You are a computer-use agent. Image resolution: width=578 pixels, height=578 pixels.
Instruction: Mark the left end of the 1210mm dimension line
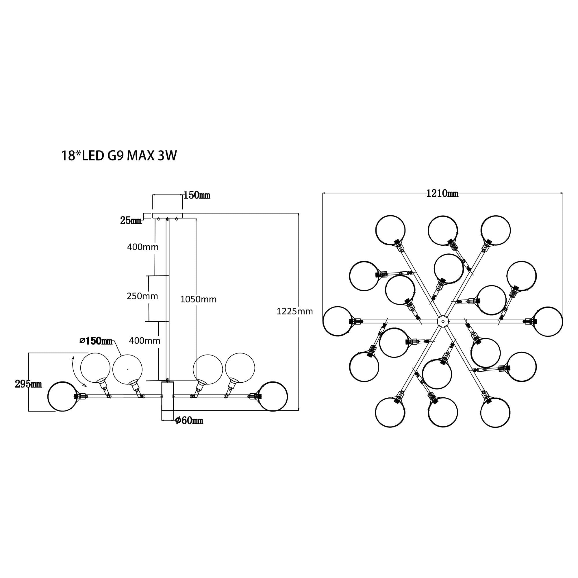(323, 193)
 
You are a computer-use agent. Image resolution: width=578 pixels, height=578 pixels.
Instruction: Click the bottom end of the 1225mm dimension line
(299, 410)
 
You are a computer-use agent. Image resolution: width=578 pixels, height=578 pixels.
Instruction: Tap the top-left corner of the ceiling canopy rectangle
(153, 213)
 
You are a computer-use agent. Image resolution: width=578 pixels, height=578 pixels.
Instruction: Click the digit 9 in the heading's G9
(121, 156)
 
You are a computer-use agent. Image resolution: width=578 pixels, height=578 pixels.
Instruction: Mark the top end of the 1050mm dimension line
(196, 218)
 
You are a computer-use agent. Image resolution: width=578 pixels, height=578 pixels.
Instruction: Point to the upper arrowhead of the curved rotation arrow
(73, 357)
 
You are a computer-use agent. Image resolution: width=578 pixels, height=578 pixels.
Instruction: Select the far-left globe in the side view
(62, 397)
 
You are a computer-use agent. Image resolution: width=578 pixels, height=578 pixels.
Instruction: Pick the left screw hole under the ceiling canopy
(159, 219)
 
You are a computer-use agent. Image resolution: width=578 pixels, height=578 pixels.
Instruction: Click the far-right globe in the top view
(547, 321)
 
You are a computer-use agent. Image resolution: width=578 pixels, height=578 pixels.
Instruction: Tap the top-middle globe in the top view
(443, 231)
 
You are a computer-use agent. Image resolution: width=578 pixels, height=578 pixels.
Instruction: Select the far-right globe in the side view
(273, 397)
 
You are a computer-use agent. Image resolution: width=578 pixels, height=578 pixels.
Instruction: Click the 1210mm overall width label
(442, 194)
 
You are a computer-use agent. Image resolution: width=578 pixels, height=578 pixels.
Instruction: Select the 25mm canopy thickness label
(131, 221)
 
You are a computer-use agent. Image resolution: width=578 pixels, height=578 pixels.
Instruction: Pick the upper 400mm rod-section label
(143, 247)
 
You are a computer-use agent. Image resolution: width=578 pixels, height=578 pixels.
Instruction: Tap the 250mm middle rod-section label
(142, 296)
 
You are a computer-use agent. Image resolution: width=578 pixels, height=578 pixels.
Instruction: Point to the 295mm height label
(28, 384)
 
